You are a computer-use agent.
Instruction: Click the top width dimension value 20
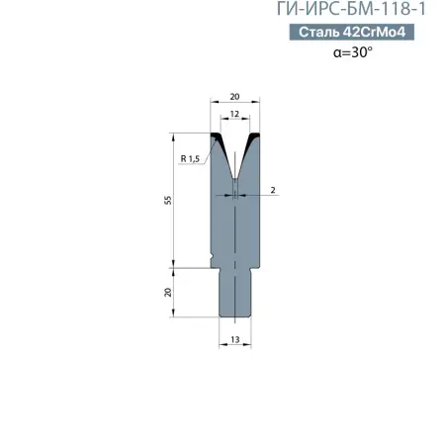click(x=235, y=97)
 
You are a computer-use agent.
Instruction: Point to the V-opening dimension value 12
click(x=235, y=116)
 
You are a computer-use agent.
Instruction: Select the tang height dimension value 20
click(x=169, y=292)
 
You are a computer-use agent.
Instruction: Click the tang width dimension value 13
click(x=235, y=339)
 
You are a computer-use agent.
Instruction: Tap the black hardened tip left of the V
click(x=221, y=144)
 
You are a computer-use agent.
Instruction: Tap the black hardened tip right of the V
click(x=251, y=144)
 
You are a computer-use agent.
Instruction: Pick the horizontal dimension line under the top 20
click(x=235, y=104)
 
